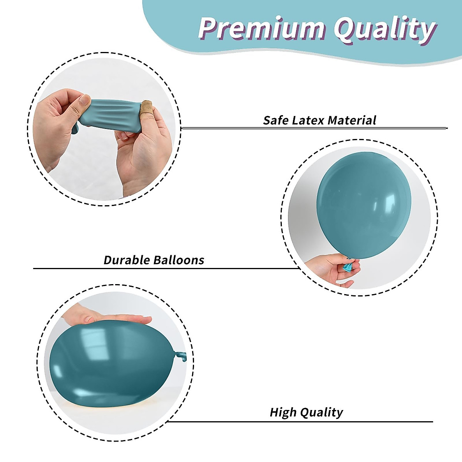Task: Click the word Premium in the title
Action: click(x=261, y=28)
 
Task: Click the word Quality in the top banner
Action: click(x=385, y=30)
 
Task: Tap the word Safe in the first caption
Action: click(x=276, y=121)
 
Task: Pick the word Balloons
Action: click(x=179, y=260)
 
